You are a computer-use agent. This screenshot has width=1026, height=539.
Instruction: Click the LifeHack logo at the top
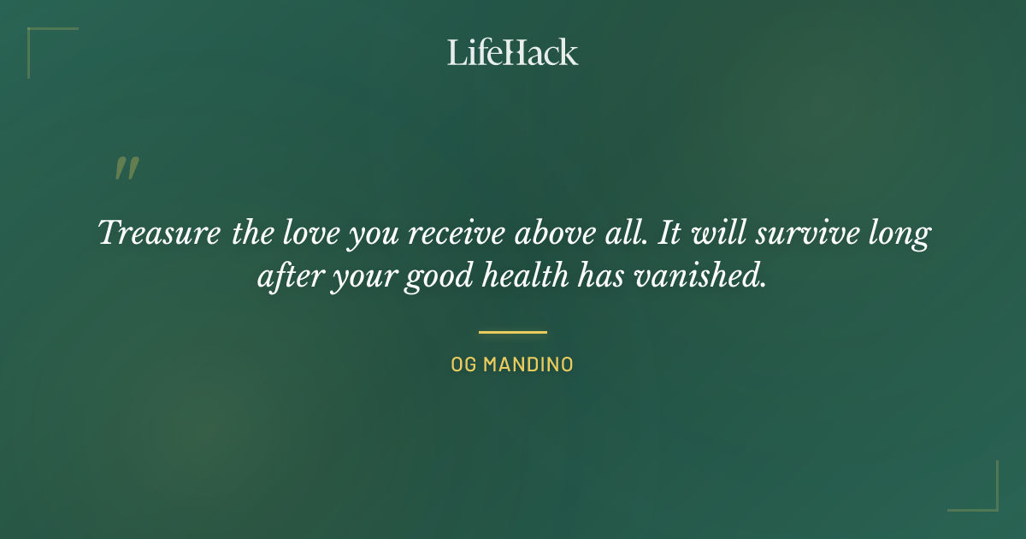pyautogui.click(x=513, y=52)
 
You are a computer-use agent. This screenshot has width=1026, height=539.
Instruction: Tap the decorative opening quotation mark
pyautogui.click(x=127, y=169)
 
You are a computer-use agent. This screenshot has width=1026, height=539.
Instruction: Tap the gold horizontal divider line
pyautogui.click(x=513, y=332)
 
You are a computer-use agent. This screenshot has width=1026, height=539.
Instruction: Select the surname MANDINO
pyautogui.click(x=528, y=365)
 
